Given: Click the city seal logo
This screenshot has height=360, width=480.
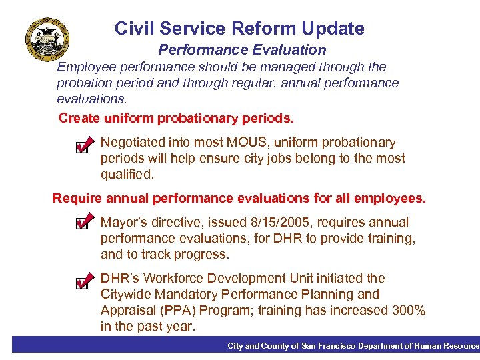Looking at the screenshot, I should [47, 39].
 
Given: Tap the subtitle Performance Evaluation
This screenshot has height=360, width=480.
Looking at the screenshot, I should [242, 50].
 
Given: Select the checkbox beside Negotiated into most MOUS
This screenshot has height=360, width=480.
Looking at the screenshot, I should [83, 145].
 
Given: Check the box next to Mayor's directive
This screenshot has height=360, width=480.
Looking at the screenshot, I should [83, 223].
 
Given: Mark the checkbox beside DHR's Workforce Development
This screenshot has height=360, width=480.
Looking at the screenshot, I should [83, 281].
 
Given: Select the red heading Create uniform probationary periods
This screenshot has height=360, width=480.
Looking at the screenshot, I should [176, 119].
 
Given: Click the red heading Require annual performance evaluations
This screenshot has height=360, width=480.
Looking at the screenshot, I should [239, 199].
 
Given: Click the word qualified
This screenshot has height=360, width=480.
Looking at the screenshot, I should [127, 175].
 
